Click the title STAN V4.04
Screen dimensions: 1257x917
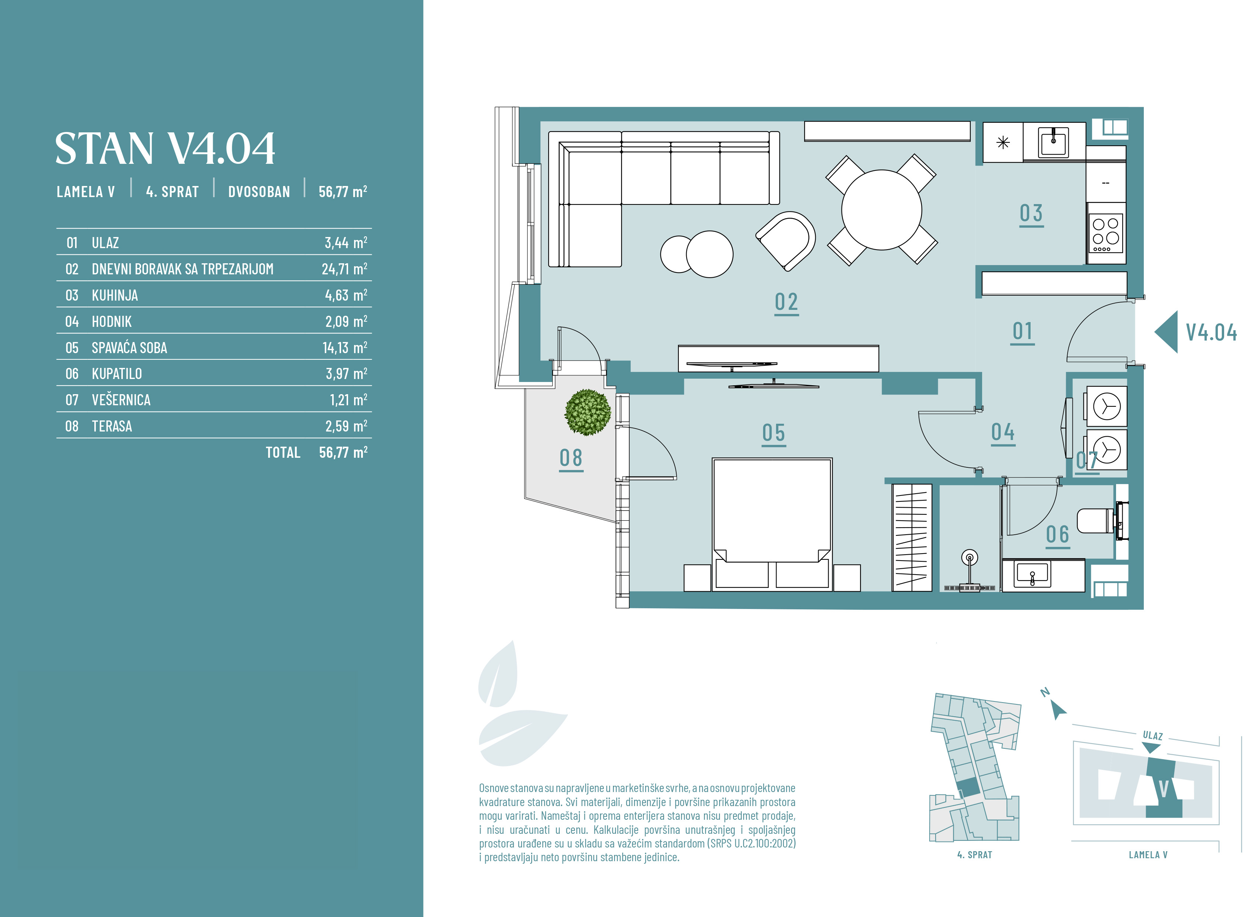165,148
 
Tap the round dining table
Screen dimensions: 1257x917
881,210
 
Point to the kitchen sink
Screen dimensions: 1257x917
1053,142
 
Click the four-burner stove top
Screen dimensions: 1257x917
1106,234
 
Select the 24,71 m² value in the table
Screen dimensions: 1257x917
344,269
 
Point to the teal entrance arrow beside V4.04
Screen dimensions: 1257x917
1166,332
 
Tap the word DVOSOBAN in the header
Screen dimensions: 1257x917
259,192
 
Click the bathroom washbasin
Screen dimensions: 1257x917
1032,575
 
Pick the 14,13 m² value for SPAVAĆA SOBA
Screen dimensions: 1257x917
345,348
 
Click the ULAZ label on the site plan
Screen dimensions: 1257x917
1153,736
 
